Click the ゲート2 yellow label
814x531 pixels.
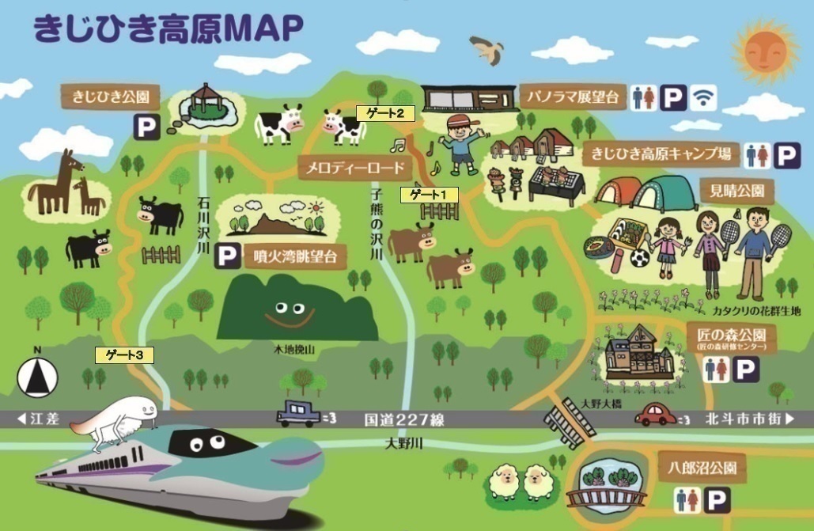pyautogui.click(x=384, y=113)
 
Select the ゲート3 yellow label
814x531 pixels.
pyautogui.click(x=123, y=355)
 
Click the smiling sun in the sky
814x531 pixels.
pyautogui.click(x=764, y=48)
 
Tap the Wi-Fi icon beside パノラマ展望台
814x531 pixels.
pyautogui.click(x=701, y=97)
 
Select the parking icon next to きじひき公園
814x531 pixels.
pyautogui.click(x=146, y=127)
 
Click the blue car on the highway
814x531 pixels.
pyautogui.click(x=299, y=413)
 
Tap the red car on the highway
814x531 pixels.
pyautogui.click(x=656, y=414)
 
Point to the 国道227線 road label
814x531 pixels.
pyautogui.click(x=404, y=419)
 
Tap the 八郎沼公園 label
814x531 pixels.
pyautogui.click(x=700, y=468)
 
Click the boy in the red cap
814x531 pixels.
pyautogui.click(x=457, y=142)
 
